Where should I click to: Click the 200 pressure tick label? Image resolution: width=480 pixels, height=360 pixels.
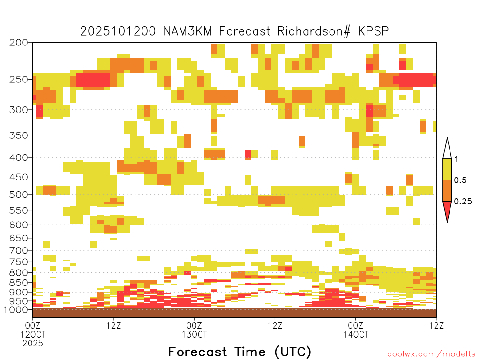pos(18,43)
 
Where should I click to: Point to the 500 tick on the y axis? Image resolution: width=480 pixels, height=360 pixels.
pos(18,195)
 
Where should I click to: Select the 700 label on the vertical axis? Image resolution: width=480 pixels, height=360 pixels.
pos(18,250)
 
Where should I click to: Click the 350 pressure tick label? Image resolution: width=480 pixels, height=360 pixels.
pos(18,135)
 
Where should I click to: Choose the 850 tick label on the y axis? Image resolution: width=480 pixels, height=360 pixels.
pos(18,283)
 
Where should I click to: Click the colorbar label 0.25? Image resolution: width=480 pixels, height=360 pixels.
pos(463,202)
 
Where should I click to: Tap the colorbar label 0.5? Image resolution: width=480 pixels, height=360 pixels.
pos(460,180)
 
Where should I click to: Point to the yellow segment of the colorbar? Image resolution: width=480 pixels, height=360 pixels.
pos(447,169)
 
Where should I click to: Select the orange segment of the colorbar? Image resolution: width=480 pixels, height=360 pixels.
pos(447,190)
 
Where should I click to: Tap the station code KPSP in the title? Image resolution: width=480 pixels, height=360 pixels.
pos(373,31)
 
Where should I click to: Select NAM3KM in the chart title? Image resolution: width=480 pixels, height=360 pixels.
pos(187,31)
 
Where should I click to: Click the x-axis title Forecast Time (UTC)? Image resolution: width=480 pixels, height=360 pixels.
pos(240,352)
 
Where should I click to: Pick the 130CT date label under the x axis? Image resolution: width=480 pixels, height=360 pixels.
pos(195,334)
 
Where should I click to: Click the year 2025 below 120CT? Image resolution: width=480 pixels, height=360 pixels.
pos(33,344)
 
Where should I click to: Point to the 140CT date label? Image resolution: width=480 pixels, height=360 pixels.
pos(356,334)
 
